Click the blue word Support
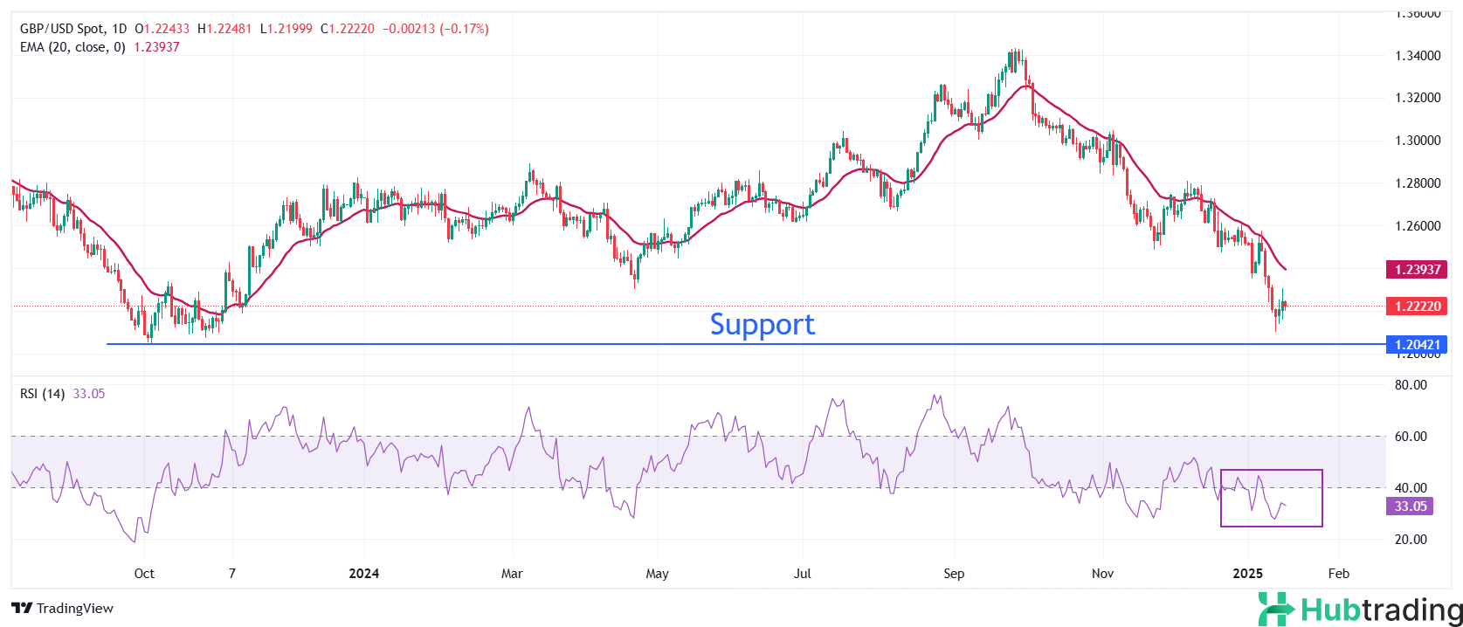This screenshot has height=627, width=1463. pos(762,324)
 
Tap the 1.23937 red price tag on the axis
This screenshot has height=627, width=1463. pos(1417,269)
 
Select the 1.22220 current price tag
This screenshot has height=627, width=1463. pos(1417,306)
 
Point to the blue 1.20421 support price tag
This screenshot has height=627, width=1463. pos(1417,344)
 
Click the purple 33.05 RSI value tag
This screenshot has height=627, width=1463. pos(1410,506)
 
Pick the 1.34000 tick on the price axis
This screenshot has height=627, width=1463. pos(1418,56)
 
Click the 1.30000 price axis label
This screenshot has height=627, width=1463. pos(1418,141)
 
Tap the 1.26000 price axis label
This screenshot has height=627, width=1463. pos(1418,226)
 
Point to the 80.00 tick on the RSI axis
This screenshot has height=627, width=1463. pos(1411,385)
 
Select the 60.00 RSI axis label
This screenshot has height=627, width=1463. pos(1411,437)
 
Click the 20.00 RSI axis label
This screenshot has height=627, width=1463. pos(1411,540)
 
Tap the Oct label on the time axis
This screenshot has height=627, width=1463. pos(144,574)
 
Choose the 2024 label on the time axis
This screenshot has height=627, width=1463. pos(363,574)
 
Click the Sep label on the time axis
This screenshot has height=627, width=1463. pos(954,574)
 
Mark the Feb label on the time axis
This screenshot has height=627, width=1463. pos(1338,574)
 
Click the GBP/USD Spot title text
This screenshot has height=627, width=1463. pos(61,29)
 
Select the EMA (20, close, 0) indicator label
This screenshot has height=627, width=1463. pos(72,47)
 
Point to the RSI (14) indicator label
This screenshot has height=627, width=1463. pos(42,394)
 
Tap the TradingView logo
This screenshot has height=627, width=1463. pos(63,609)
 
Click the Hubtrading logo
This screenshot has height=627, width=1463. pos(1360,610)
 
